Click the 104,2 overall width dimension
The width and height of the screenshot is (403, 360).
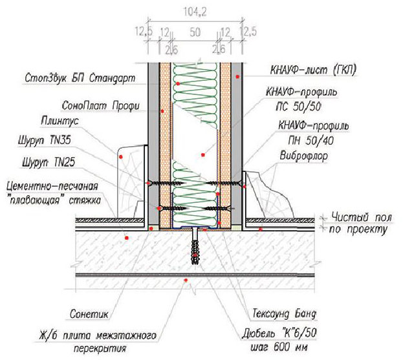(x=195, y=12)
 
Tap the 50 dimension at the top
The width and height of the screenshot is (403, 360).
(x=195, y=32)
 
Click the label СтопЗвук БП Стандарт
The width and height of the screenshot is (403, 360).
(x=80, y=78)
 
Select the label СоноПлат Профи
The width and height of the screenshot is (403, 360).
(x=100, y=106)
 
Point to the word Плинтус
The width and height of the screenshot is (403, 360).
(x=60, y=122)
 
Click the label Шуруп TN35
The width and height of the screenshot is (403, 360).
(x=44, y=141)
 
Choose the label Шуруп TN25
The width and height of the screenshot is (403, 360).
(x=49, y=162)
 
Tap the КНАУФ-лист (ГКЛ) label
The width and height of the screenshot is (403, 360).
(x=313, y=70)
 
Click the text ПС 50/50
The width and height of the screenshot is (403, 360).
(x=299, y=107)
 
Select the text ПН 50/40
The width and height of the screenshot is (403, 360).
(x=311, y=140)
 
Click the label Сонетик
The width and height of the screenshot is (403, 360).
(x=89, y=313)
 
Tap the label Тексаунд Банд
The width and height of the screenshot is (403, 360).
(x=284, y=313)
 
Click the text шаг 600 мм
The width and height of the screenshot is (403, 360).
(x=279, y=348)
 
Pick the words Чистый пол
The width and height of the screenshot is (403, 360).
(x=362, y=217)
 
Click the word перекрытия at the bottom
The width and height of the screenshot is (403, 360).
(x=100, y=349)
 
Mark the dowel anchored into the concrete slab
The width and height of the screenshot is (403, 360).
(x=195, y=246)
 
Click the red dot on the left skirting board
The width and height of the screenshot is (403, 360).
(x=120, y=156)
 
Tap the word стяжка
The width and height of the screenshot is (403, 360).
(x=85, y=200)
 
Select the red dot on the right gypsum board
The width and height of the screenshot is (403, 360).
(x=238, y=76)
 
